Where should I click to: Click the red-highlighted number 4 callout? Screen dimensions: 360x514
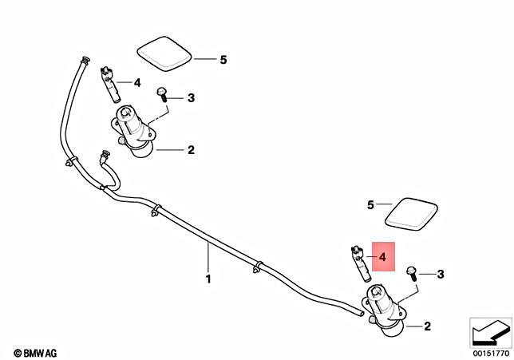click(x=382, y=258)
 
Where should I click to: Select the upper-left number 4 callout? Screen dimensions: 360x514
click(x=137, y=82)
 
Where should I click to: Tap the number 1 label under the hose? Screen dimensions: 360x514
click(x=208, y=279)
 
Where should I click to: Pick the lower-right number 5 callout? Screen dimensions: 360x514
click(x=370, y=205)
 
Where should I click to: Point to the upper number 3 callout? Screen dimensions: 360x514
click(x=191, y=98)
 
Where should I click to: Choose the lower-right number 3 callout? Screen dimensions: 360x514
click(x=440, y=275)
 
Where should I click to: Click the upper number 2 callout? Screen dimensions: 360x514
click(x=191, y=149)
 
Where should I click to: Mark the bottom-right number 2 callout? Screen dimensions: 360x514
click(x=427, y=326)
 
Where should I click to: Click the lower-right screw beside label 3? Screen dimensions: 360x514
click(x=411, y=273)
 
